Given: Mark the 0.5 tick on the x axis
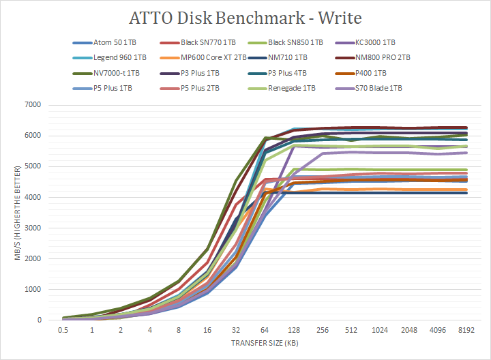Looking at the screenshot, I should (63, 330).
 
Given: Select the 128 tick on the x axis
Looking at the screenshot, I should (293, 330).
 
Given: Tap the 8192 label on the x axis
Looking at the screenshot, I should (466, 330).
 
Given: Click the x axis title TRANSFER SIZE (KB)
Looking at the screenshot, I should (264, 343).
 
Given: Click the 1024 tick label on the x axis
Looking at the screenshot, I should (380, 330).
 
